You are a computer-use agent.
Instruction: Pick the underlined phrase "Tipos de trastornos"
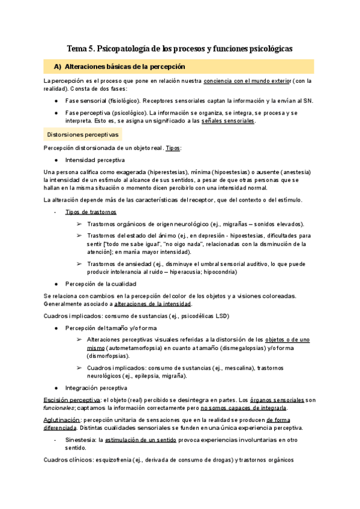pyautogui.click(x=91, y=212)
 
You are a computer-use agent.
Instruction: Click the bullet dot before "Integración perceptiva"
pyautogui.click(x=56, y=388)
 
